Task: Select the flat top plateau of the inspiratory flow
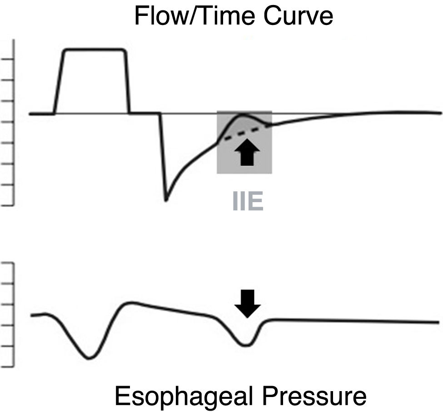(x=95, y=49)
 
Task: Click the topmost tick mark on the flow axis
(x=9, y=59)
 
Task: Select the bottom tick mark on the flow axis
(x=9, y=205)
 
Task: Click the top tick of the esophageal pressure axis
(x=9, y=263)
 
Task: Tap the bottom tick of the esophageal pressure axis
(x=9, y=366)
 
